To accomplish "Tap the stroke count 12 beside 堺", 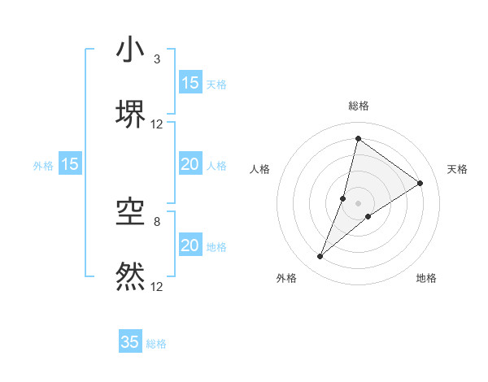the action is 157,124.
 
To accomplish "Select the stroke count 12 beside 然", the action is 157,286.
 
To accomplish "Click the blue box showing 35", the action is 130,342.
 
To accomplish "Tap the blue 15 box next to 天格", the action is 190,82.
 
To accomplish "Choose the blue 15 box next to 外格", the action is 70,164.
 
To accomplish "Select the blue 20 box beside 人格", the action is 190,164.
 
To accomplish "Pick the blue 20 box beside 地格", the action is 190,245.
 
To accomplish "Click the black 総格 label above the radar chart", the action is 359,106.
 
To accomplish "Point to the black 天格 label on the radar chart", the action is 457,169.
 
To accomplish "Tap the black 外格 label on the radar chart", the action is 286,278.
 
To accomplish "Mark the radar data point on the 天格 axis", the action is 420,183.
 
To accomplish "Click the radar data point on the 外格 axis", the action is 320,257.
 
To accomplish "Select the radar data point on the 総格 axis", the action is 358,138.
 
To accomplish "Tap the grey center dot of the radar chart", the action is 359,203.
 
